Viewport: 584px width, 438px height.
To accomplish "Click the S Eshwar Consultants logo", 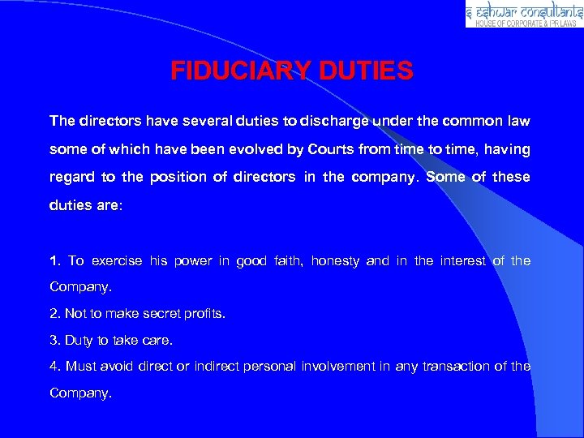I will [x=523, y=14].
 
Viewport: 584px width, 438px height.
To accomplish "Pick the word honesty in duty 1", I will [x=336, y=261].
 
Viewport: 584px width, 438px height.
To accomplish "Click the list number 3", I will [x=54, y=339].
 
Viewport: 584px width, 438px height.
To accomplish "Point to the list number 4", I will [x=54, y=366].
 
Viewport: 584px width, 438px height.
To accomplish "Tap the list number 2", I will [x=54, y=313].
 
